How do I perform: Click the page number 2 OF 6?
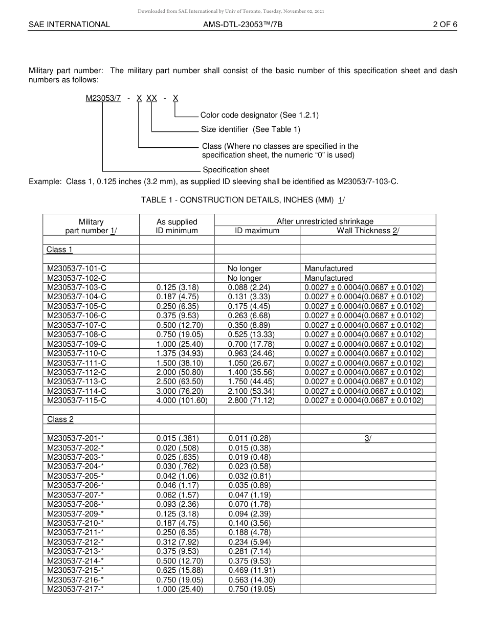[445, 24]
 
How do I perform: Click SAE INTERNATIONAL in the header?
[69, 24]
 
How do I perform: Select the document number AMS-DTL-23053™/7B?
[242, 24]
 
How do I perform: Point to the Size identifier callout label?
[250, 129]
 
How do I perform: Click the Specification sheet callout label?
[236, 170]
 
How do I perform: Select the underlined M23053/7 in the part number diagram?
[103, 98]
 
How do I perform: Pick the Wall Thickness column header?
[367, 231]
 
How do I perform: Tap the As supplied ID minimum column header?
[176, 226]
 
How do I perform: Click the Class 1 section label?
[60, 250]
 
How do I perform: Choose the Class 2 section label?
[60, 419]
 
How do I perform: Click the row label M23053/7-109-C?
[77, 344]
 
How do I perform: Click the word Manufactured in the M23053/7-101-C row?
[328, 268]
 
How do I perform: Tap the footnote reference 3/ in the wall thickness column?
[367, 438]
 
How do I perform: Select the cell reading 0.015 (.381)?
[177, 438]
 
